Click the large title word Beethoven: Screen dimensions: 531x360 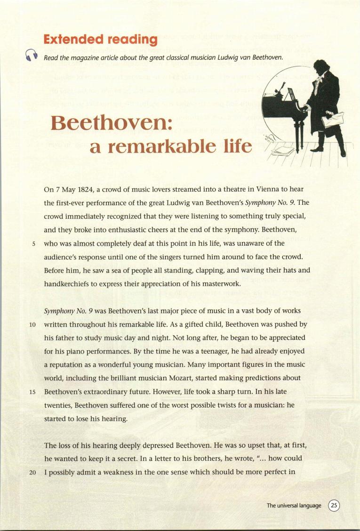click(x=112, y=123)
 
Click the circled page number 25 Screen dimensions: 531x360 click(x=334, y=506)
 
